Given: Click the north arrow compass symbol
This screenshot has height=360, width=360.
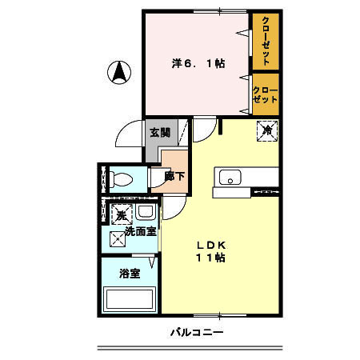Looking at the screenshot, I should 119,73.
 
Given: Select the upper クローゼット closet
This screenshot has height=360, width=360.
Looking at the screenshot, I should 264,41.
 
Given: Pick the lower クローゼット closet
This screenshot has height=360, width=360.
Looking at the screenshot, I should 264,94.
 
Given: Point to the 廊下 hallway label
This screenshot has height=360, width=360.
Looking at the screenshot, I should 174,177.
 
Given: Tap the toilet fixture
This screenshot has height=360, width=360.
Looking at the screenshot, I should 122,179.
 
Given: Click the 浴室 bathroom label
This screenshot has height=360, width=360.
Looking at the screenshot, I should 130,274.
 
